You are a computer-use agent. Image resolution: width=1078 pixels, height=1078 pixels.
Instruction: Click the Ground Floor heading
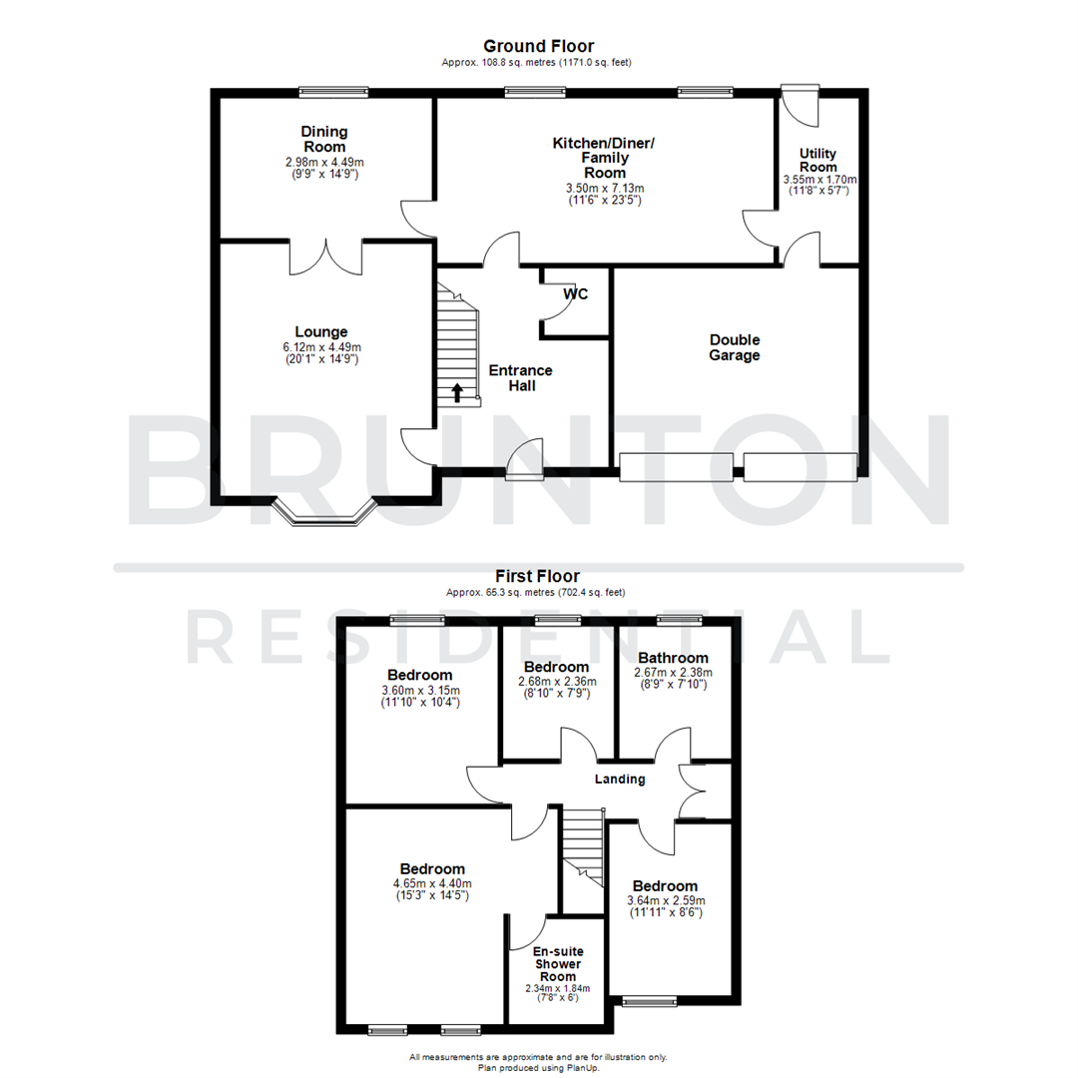coord(538,46)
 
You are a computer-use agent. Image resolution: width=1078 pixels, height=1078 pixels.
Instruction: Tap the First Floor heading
coord(538,576)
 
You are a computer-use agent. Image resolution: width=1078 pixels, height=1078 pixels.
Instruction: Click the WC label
coord(576,294)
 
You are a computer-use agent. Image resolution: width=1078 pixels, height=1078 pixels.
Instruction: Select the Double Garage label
coord(735,347)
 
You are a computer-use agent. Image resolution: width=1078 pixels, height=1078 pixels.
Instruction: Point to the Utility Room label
coord(818,161)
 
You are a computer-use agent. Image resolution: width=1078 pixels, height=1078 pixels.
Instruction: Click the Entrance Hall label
coord(520,377)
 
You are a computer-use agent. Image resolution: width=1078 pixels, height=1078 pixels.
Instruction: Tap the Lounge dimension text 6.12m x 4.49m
coord(320,347)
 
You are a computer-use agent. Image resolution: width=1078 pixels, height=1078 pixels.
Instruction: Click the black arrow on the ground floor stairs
coord(457,392)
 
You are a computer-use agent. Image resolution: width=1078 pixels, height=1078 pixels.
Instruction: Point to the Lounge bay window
coord(324,512)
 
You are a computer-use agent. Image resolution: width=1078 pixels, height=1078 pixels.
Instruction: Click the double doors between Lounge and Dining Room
coord(324,256)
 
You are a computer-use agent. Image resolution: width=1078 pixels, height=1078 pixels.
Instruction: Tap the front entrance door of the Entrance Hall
coord(526,455)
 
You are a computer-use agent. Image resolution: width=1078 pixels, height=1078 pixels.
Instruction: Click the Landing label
coord(620,780)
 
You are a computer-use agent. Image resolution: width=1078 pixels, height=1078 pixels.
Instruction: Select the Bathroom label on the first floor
coord(673,658)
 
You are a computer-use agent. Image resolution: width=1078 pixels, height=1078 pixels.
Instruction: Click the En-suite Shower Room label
coord(558,964)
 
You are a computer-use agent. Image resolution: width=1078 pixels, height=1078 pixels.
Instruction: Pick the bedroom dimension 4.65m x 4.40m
coord(432,883)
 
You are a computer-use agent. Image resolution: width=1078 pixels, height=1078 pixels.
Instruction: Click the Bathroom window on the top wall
coord(679,621)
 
